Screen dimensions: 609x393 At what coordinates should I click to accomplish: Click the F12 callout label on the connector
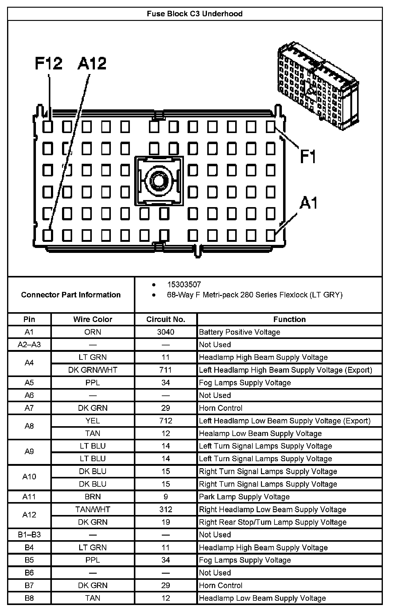(x=49, y=63)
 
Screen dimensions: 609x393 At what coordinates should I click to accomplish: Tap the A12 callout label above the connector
(x=92, y=63)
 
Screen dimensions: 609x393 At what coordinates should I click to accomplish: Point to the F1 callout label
(x=308, y=156)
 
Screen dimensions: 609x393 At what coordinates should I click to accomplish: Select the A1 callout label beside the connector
(x=309, y=203)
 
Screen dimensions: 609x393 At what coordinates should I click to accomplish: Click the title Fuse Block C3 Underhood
(x=195, y=14)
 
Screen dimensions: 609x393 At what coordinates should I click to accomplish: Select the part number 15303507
(x=184, y=285)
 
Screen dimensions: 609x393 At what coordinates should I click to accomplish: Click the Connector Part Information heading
(x=71, y=295)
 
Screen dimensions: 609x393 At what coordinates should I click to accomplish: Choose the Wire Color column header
(x=93, y=320)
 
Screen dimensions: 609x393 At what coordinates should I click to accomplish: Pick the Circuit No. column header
(x=166, y=320)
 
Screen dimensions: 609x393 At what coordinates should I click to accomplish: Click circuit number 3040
(x=166, y=332)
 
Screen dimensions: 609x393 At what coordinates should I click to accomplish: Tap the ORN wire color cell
(x=93, y=332)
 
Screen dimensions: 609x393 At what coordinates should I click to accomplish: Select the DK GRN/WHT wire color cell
(x=93, y=370)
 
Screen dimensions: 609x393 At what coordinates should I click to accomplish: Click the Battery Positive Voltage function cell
(x=239, y=332)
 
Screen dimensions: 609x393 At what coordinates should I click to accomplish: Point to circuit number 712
(x=166, y=421)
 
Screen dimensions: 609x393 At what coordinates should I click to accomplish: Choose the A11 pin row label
(x=29, y=497)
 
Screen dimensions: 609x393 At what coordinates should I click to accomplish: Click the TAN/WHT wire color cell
(x=93, y=509)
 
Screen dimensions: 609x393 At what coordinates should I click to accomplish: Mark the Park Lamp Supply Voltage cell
(x=244, y=497)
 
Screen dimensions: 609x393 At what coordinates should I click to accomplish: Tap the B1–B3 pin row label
(x=29, y=535)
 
